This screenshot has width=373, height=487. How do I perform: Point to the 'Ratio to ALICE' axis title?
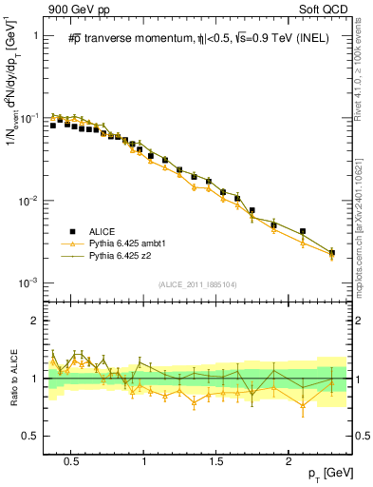click(12, 379)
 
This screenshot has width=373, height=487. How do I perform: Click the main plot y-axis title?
click(12, 105)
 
